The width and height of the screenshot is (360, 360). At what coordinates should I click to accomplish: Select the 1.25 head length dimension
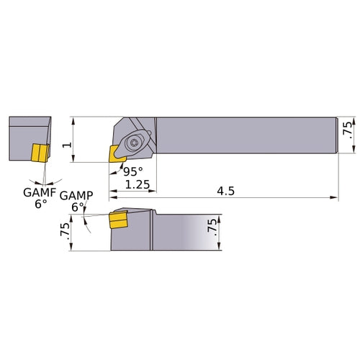coord(137,185)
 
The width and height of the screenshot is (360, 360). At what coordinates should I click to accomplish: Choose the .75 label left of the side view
coord(63,231)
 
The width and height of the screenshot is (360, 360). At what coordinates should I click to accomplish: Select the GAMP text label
coord(76,196)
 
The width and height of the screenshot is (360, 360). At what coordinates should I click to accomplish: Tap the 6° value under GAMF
coord(40,204)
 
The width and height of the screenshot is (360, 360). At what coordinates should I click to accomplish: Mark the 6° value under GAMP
coord(77,207)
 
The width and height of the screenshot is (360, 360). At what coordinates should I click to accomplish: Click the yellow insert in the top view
coord(116,152)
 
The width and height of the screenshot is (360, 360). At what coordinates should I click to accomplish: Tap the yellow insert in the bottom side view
coord(117,221)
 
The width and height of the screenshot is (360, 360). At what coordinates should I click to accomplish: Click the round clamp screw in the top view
coord(137,144)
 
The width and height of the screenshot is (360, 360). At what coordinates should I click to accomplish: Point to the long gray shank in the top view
coord(245,135)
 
